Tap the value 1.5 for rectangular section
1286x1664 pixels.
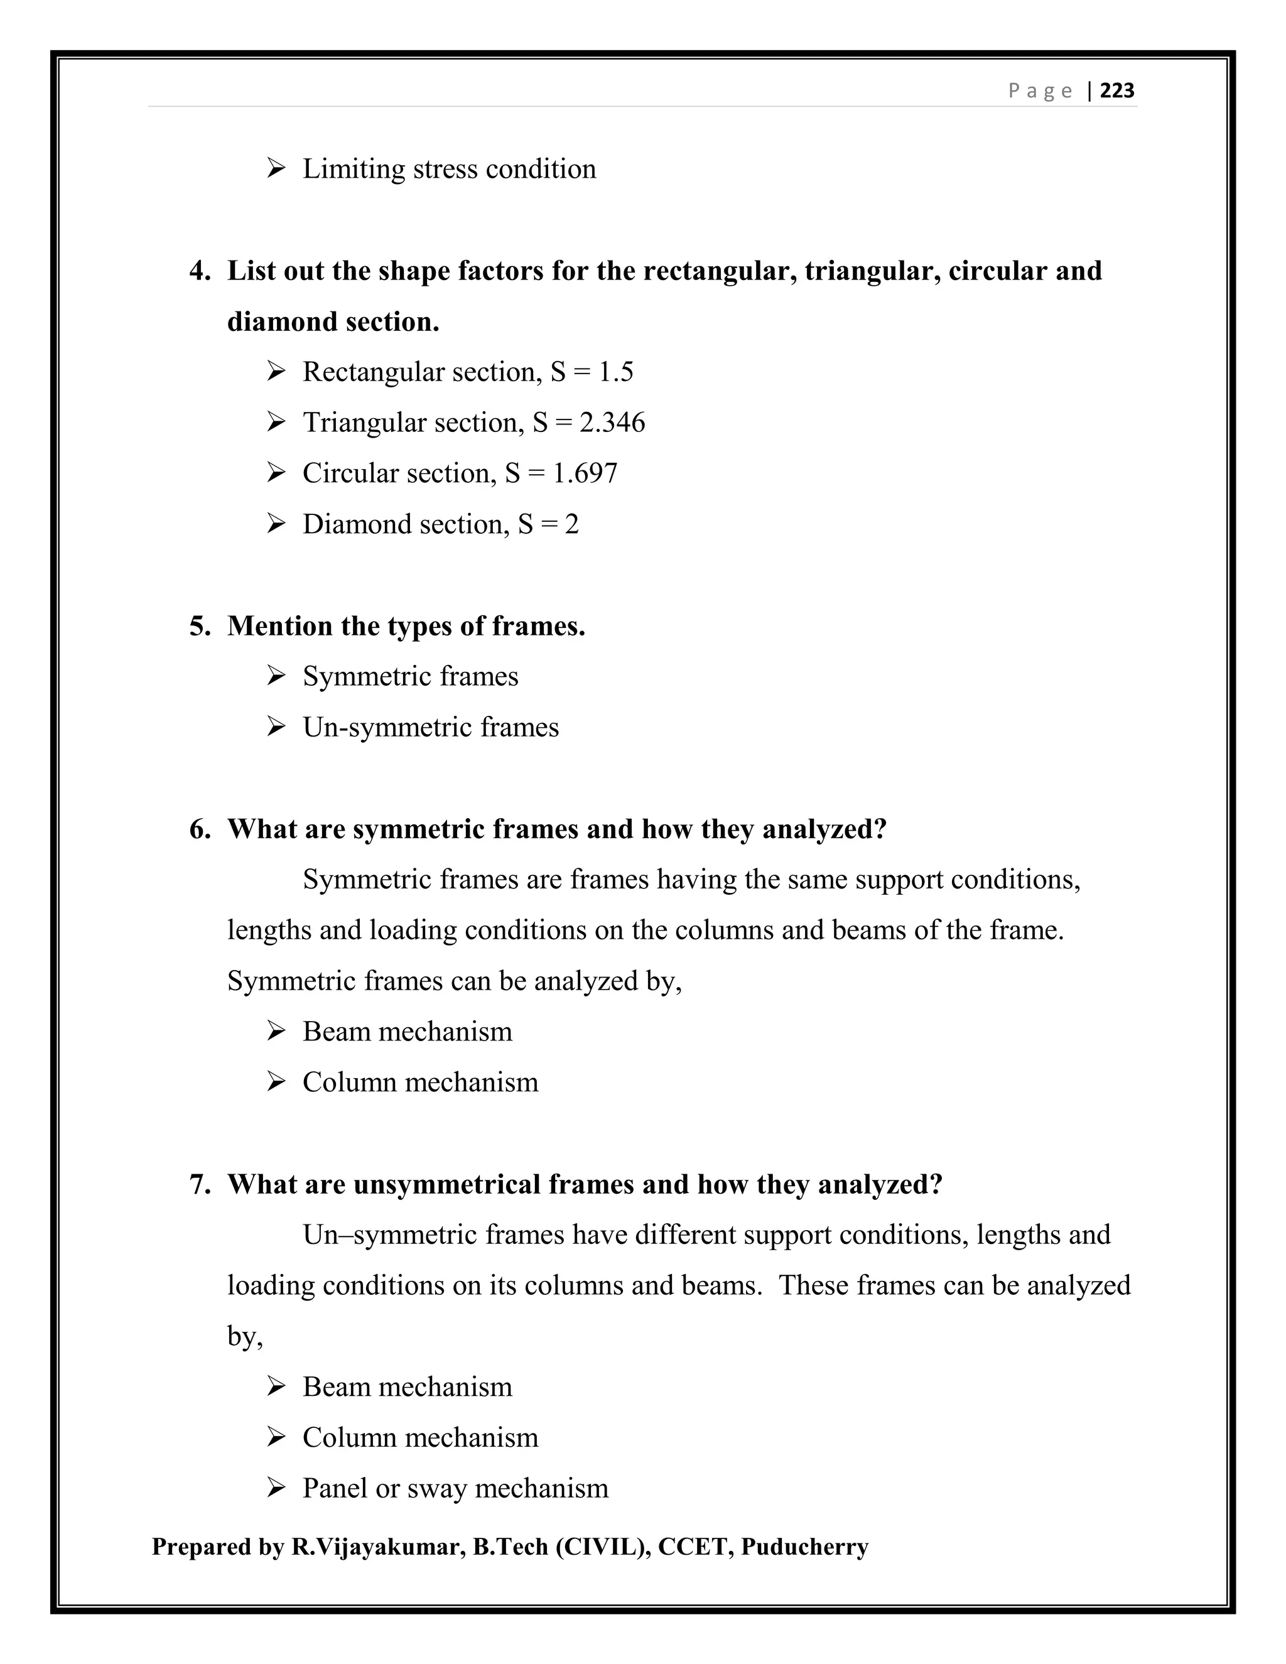[x=615, y=372]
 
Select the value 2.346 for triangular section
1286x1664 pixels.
[x=612, y=423]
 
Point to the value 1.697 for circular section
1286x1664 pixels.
[x=585, y=473]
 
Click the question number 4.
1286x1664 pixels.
[x=200, y=271]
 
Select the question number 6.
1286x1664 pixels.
[x=200, y=829]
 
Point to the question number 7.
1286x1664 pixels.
[x=200, y=1184]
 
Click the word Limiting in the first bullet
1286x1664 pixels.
[x=354, y=169]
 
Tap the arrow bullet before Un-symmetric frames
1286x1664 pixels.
[x=276, y=727]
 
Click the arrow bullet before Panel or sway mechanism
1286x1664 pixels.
[x=276, y=1488]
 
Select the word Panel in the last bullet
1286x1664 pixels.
[x=335, y=1488]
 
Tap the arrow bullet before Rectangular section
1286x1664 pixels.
[x=276, y=372]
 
